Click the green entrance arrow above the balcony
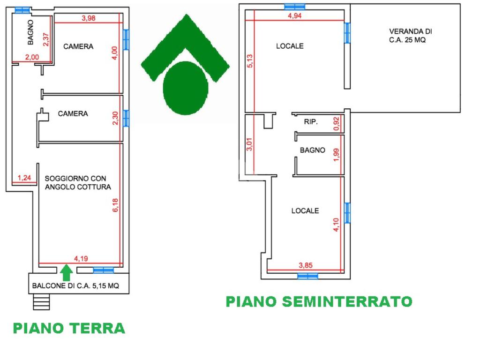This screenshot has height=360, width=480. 67,272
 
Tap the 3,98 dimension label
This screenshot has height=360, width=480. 89,18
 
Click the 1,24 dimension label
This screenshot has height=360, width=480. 24,178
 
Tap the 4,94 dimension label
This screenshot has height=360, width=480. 295,16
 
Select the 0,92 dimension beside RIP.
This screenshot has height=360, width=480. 336,123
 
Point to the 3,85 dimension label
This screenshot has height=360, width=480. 305,265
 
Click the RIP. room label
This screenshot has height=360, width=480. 311,122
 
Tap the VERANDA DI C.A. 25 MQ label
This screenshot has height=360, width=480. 410,36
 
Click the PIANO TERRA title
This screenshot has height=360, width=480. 69,328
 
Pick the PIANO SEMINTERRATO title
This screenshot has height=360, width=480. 319,301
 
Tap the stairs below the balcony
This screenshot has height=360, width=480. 41,301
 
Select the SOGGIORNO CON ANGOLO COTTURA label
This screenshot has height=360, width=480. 78,182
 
